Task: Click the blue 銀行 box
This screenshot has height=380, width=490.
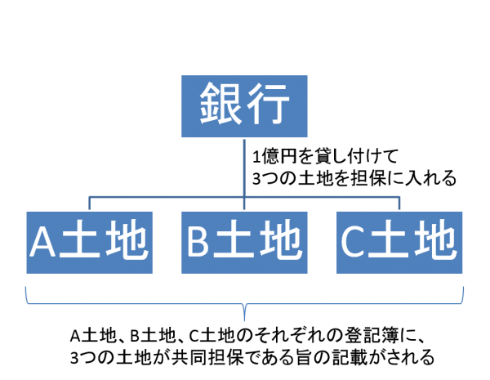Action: pos(244,106)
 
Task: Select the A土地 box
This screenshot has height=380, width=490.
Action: pos(89,243)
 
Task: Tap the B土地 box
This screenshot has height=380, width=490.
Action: pos(244,243)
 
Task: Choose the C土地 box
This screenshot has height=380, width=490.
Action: pos(399,243)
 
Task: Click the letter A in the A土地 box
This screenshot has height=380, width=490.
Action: pos(42,241)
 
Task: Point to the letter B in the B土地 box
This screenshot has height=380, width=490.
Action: pos(198,241)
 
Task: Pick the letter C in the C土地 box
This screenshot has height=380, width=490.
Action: pos(353,241)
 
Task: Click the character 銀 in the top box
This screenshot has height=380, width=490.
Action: pos(220,104)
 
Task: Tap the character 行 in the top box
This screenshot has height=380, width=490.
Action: pos(268,104)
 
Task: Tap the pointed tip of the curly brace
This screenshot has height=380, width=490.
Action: pos(244,320)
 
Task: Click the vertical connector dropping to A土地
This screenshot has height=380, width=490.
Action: pos(89,204)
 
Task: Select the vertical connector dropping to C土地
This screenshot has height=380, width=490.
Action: pos(399,204)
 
